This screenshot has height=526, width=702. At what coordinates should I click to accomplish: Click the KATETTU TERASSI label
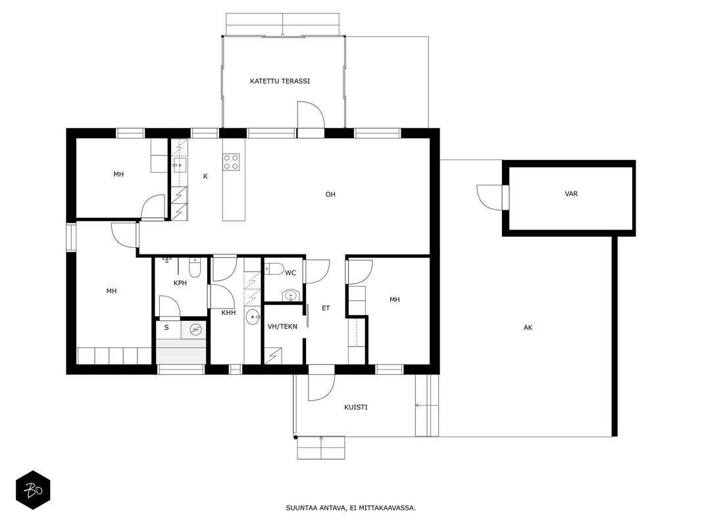(280, 82)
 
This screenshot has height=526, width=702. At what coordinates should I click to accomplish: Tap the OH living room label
(330, 195)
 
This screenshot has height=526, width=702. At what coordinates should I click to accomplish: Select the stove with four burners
(231, 162)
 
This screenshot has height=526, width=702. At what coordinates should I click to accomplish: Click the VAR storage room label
(571, 194)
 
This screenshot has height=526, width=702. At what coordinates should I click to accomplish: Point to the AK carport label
(528, 328)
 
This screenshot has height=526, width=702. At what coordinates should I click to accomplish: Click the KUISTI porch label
(356, 408)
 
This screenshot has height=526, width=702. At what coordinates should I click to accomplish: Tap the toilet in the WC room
(274, 269)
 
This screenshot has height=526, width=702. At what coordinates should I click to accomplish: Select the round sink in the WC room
(291, 296)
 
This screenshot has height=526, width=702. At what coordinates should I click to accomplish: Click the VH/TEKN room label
(282, 327)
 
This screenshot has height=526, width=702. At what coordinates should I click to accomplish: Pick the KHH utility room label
(228, 313)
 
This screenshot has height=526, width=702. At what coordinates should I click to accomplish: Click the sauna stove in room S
(195, 329)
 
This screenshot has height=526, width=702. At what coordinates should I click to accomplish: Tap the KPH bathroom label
(180, 283)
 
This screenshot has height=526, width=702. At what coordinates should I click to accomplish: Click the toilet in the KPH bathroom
(195, 268)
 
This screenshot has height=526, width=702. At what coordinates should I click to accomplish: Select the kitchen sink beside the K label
(180, 165)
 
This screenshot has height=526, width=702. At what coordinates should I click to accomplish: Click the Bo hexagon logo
(33, 490)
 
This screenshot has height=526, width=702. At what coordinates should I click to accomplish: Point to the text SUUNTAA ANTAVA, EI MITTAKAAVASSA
(351, 508)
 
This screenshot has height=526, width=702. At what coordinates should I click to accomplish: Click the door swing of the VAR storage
(489, 197)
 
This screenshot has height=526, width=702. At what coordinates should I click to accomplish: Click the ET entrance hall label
(326, 308)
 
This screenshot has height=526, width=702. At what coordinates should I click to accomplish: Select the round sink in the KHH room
(253, 317)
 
